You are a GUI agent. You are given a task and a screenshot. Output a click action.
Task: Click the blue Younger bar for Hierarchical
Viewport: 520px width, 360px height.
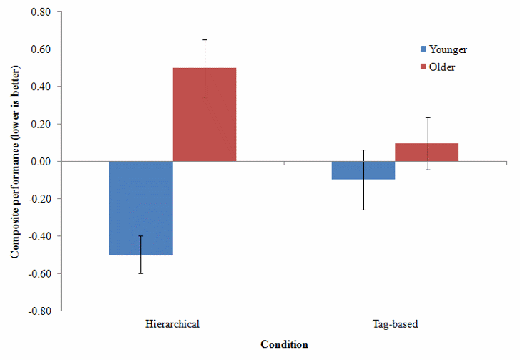[141, 208]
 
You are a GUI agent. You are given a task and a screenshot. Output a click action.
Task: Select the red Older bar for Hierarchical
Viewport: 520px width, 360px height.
[205, 115]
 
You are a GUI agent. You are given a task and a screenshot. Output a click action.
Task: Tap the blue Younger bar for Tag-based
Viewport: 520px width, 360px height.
[363, 170]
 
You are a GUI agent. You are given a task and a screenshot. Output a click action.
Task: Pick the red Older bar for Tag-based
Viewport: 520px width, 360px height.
[427, 152]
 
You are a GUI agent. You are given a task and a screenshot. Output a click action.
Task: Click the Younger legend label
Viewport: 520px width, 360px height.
[448, 49]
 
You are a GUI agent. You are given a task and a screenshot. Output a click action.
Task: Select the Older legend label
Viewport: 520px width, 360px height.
[443, 67]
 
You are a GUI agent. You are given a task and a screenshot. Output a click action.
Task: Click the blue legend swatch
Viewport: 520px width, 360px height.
[423, 49]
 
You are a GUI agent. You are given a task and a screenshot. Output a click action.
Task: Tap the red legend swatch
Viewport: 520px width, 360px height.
[423, 67]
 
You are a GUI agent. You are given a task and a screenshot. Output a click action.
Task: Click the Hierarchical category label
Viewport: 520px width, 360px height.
[172, 324]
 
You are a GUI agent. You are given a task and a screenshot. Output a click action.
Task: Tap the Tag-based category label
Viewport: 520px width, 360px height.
[395, 324]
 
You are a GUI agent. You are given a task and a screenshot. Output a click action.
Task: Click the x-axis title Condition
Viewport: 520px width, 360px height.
[284, 344]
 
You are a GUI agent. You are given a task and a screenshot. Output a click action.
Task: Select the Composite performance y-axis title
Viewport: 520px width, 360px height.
[15, 161]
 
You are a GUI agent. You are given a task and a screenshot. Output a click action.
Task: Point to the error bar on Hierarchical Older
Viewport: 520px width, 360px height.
[205, 68]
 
